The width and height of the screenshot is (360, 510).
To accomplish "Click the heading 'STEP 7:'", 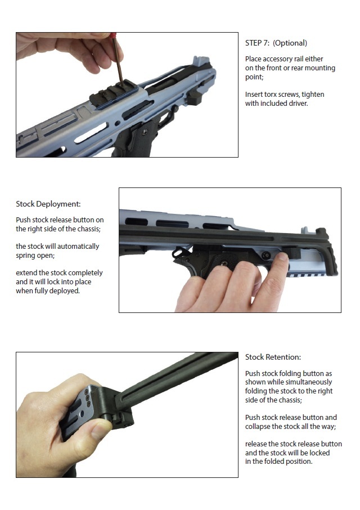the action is pos(257,43).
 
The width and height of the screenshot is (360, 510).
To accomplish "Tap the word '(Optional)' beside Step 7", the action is pos(290,43).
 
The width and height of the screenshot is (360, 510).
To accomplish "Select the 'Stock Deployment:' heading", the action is pos(48,204).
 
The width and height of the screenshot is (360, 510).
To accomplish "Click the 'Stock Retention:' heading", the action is pos(273,357).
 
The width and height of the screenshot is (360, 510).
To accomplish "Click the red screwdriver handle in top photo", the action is pos(112,35).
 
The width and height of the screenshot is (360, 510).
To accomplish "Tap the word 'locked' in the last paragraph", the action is pos(319,453).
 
